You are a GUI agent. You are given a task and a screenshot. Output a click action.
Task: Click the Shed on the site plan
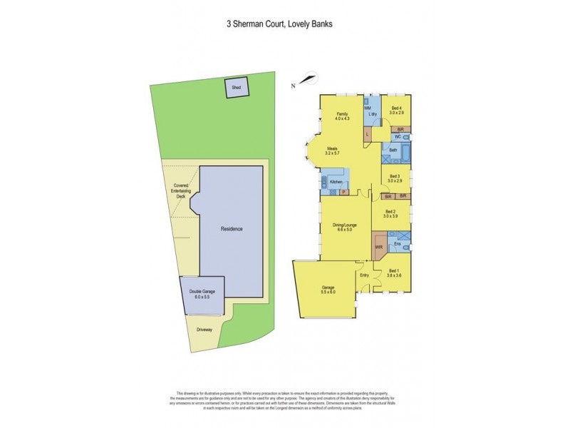pos(236,88)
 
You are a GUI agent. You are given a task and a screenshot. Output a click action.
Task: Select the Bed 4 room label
pos(397,108)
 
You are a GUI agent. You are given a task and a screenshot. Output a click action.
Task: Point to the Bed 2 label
pos(390,212)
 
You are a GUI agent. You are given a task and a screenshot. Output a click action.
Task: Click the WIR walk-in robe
pos(379,248)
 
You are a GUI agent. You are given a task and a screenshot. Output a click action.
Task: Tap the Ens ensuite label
pos(398,245)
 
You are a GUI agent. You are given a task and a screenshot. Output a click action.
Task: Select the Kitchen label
pos(336,183)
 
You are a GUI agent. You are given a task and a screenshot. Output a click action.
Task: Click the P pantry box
pos(343,192)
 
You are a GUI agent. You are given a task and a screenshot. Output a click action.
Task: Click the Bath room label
pos(393,151)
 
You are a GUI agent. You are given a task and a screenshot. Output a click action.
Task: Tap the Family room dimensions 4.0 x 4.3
pos(343,118)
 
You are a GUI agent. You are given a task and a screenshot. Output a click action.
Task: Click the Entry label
pos(364,275)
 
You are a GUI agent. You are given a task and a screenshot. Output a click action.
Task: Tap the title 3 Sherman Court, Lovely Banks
pos(279,24)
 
